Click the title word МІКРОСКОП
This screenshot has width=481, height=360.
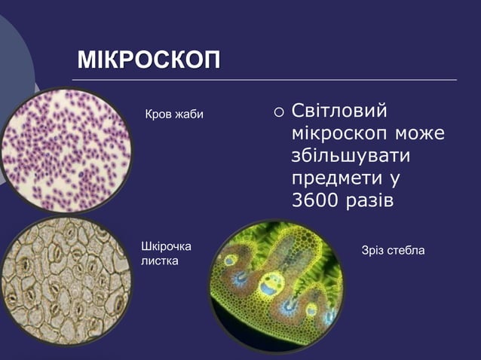pos(149,61)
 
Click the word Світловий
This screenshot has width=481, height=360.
pos(339,112)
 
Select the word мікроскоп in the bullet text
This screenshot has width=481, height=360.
pos(339,135)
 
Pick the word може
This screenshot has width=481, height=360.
pos(418,135)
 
